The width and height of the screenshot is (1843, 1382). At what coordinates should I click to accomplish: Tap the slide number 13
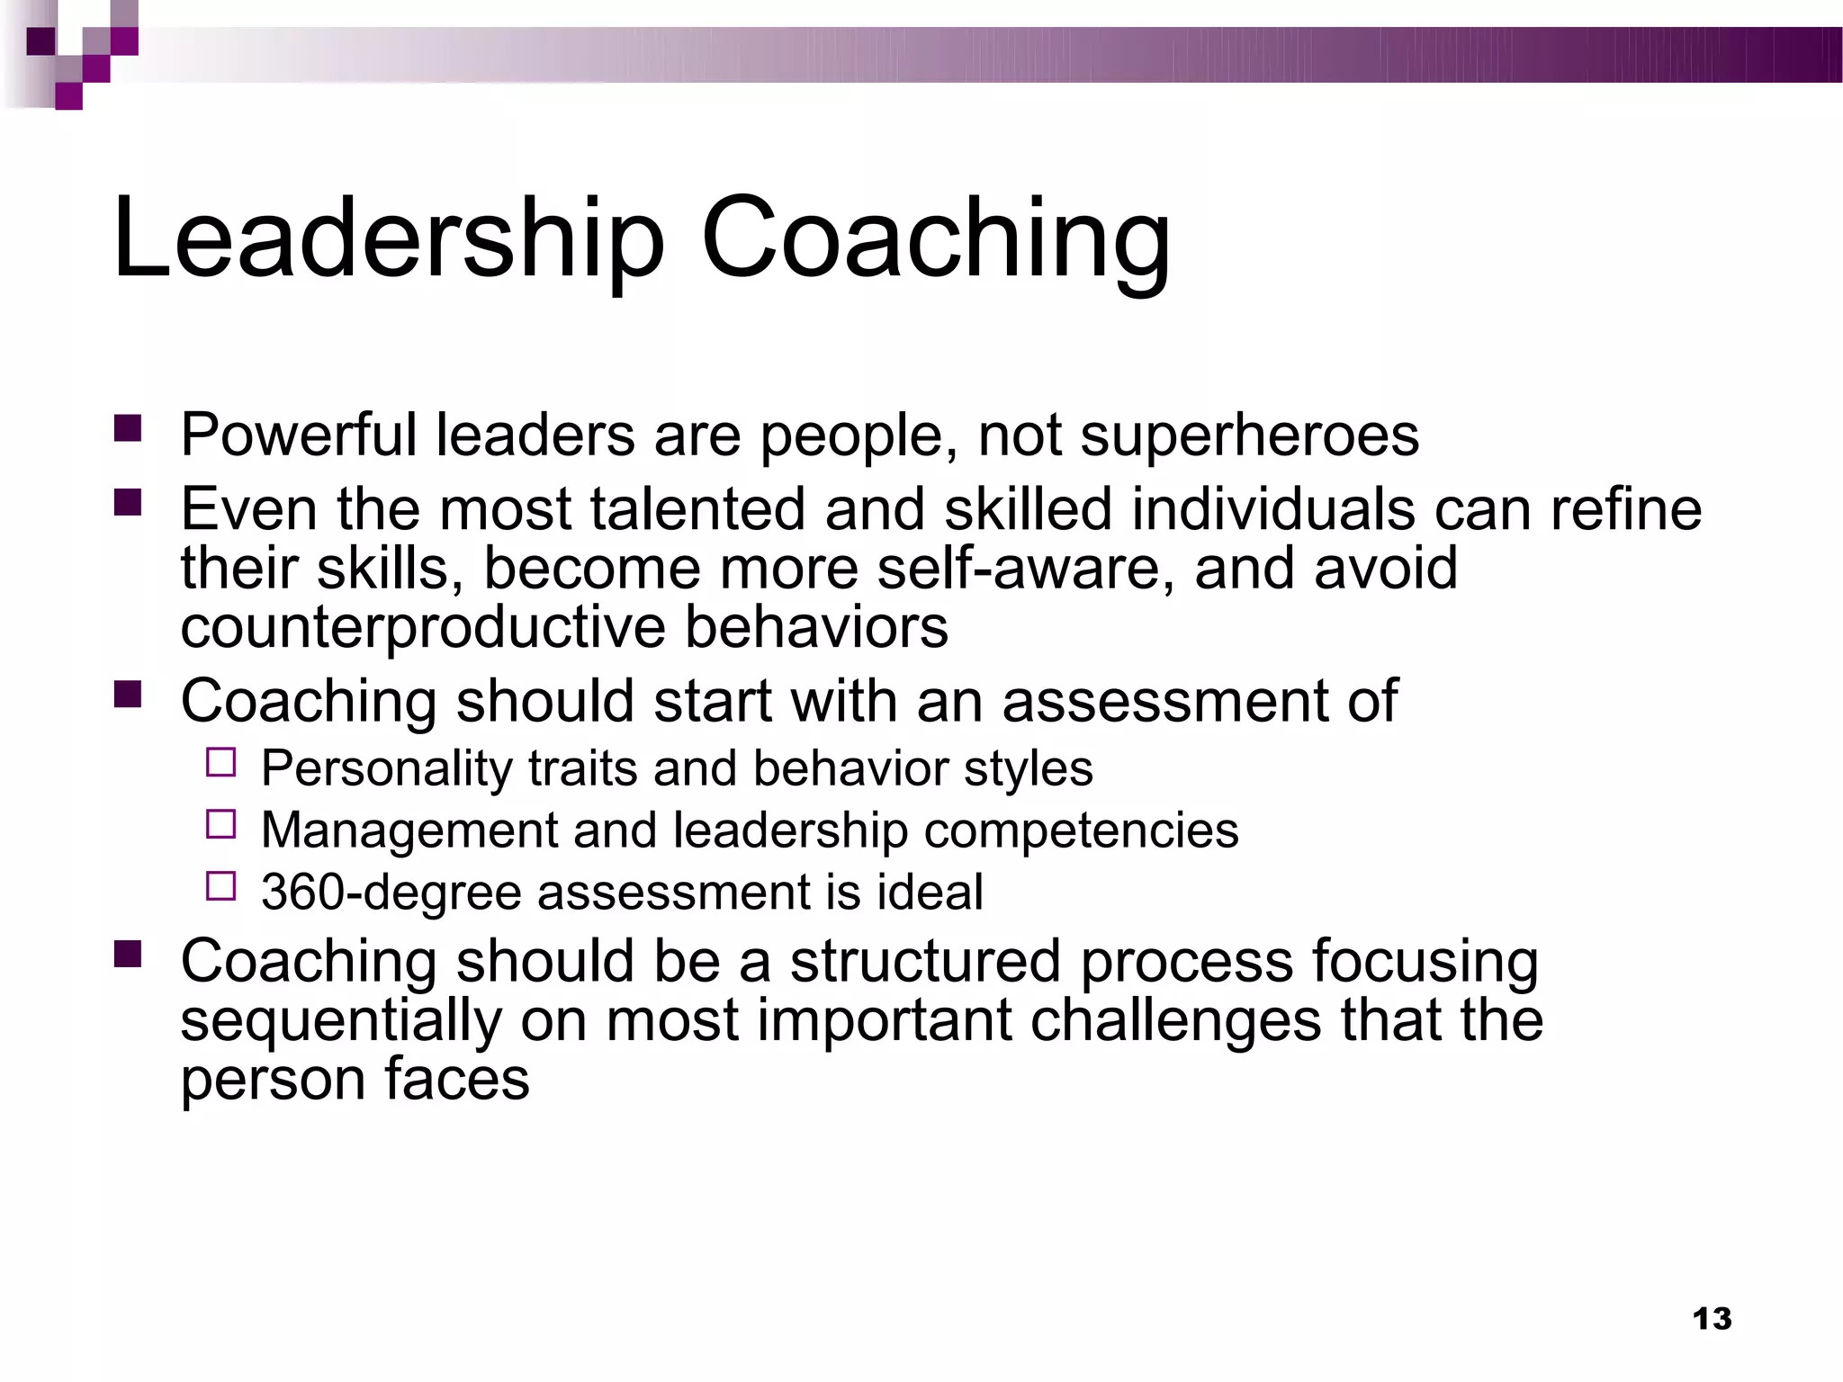(1712, 1319)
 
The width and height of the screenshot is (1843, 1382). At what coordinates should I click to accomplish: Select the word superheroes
(1249, 435)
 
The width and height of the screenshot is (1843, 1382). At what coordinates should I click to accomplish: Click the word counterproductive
(423, 627)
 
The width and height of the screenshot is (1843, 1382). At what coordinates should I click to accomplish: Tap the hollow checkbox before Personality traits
(220, 763)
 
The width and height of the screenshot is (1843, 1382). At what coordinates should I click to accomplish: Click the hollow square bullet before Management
(220, 824)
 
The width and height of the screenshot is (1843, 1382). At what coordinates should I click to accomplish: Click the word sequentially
(340, 1020)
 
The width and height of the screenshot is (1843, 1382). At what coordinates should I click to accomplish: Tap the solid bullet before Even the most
(128, 502)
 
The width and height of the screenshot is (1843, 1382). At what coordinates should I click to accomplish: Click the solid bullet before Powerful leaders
(128, 428)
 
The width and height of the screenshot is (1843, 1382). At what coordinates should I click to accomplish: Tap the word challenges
(1175, 1020)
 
